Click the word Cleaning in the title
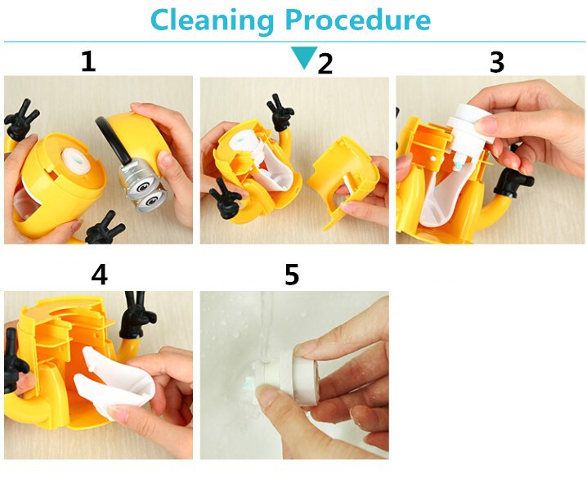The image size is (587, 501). [213, 20]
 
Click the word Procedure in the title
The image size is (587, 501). [358, 20]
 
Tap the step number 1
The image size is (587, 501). [89, 62]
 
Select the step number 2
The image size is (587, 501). [325, 64]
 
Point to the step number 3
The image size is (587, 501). [497, 62]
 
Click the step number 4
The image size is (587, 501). [99, 275]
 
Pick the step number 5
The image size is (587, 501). [292, 275]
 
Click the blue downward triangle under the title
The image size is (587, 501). [304, 57]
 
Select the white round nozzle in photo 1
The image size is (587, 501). [76, 161]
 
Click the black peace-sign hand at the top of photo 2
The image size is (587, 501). [280, 112]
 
